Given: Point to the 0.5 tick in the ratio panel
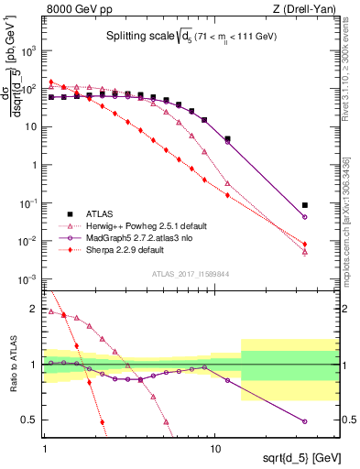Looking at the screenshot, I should (31, 420).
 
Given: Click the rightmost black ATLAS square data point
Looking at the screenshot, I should (304, 205).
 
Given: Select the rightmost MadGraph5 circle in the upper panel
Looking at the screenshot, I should (304, 217).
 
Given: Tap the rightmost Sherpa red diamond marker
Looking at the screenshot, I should (304, 245).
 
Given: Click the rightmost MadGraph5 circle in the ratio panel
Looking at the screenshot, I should (304, 421).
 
